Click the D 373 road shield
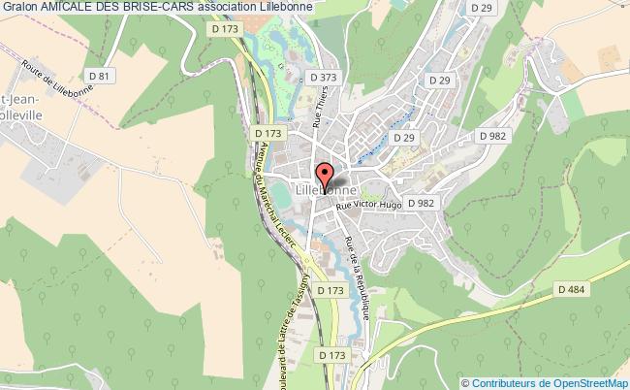323,77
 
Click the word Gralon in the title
20,7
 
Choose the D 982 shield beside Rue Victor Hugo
421,203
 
